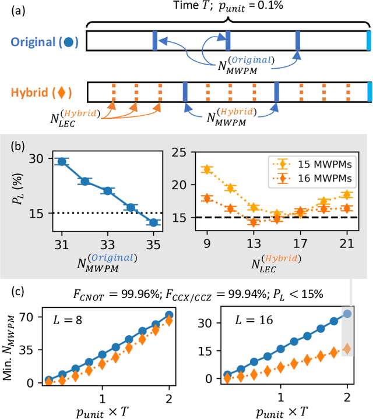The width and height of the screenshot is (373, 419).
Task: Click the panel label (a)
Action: [x=11, y=10]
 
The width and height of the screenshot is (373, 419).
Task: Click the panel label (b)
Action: [x=11, y=144]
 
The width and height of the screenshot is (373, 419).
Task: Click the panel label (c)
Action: [x=11, y=289]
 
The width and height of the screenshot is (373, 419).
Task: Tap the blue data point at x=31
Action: [x=61, y=161]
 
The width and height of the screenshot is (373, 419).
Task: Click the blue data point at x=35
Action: [x=153, y=222]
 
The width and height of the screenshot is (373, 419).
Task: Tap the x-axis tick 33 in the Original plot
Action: [x=107, y=242]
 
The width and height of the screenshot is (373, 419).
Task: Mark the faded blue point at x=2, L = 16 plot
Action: [x=347, y=314]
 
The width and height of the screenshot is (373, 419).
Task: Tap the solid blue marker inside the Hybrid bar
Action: [x=185, y=91]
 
